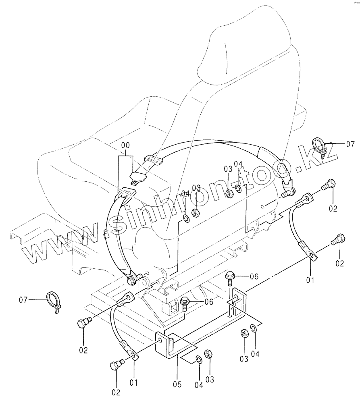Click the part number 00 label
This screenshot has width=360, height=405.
coord(125,145)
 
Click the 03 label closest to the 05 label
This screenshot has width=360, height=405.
coord(210,379)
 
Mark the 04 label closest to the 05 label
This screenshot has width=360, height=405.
coord(198,385)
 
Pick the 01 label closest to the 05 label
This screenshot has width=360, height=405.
coord(133,382)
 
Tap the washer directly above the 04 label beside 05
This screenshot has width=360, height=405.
coord(199,359)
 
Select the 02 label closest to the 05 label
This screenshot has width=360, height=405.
coord(116,392)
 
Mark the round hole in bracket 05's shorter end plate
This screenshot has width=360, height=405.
coord(162,341)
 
